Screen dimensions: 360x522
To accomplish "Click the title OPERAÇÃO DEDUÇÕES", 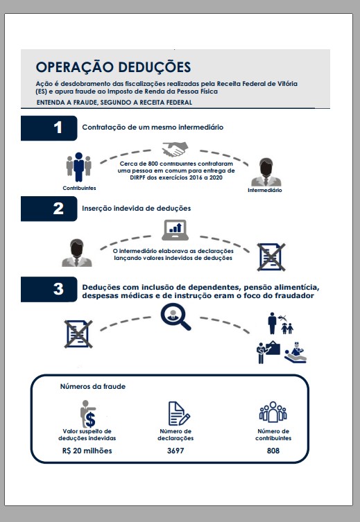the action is [x=113, y=67].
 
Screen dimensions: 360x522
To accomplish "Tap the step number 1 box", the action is [x=49, y=128].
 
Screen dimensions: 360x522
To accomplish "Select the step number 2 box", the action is [x=49, y=209].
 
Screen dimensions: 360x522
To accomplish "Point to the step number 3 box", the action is [x=49, y=289].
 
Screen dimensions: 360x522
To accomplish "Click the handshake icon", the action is [x=175, y=149].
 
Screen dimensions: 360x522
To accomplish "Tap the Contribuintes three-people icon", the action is [x=79, y=167].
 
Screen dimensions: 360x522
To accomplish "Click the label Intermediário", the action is [x=265, y=190].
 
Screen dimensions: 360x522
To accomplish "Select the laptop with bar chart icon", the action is [x=175, y=230].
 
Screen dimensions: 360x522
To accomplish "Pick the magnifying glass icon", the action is [x=175, y=317].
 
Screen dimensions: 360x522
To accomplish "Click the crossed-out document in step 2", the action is [x=271, y=256].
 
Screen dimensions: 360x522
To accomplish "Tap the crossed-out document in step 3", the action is [x=78, y=334].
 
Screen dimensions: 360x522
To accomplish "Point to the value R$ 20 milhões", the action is [x=87, y=451].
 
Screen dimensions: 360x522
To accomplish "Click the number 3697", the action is [x=175, y=451].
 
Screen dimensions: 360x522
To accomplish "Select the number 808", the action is [x=273, y=451].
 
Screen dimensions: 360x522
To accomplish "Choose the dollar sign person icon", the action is [x=88, y=414].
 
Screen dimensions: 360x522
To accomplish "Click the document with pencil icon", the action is [x=179, y=413].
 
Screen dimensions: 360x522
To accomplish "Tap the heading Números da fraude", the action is [x=92, y=387].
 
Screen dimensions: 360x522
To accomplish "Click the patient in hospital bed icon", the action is [x=295, y=353].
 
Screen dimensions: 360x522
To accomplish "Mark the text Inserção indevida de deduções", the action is [x=137, y=209].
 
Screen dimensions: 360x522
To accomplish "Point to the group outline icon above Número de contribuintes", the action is [x=273, y=412].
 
